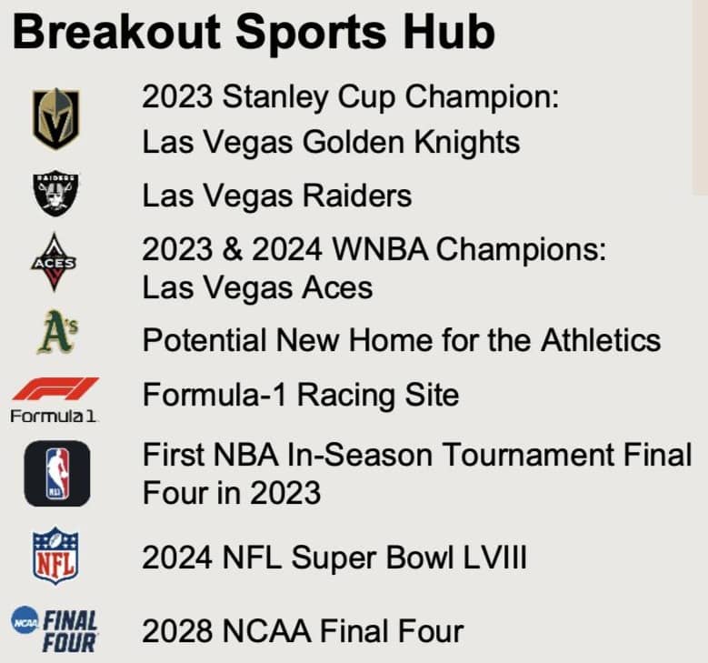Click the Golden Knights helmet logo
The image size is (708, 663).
tap(56, 119)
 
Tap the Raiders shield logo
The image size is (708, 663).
tap(55, 193)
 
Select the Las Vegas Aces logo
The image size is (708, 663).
tap(54, 262)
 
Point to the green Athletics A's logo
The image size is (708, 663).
tap(57, 332)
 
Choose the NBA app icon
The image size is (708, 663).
tap(57, 473)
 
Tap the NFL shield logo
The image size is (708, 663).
tap(55, 556)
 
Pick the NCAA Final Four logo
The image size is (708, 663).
tap(55, 630)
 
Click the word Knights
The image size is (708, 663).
tap(467, 143)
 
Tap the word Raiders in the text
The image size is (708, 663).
tap(356, 196)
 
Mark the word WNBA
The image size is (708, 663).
tap(380, 249)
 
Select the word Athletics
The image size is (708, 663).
tap(601, 340)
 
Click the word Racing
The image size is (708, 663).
tap(346, 395)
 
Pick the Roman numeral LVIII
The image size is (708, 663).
tap(494, 558)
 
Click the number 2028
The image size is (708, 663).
tap(177, 630)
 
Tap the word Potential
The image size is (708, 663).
tap(204, 340)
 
